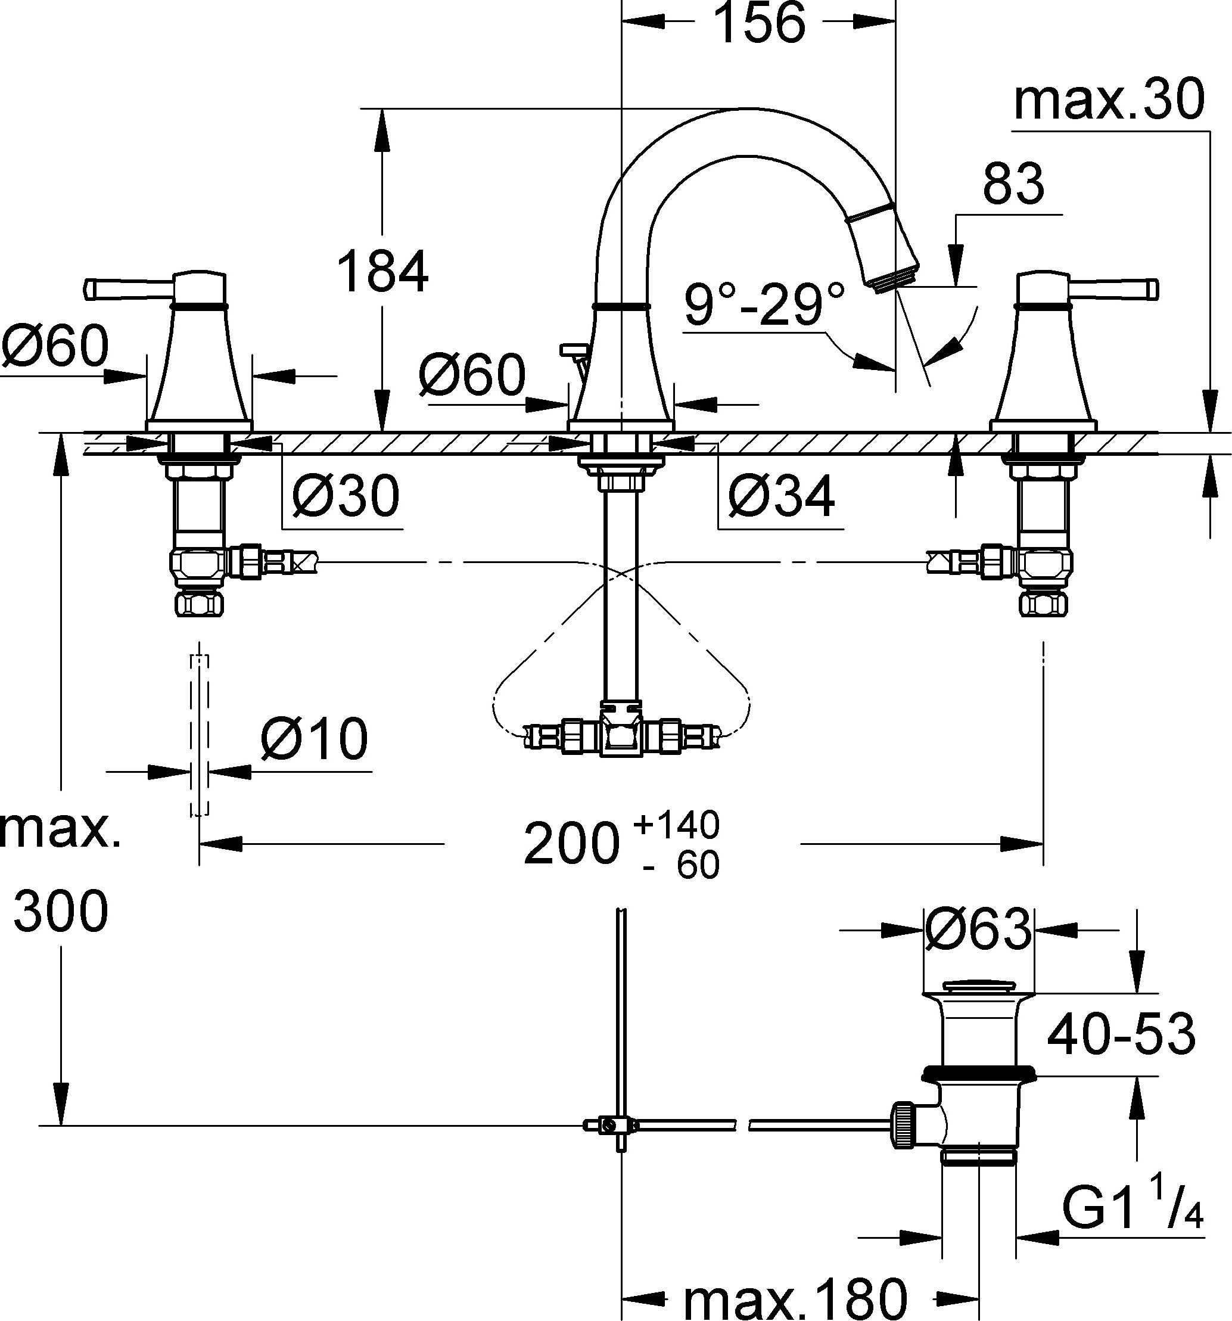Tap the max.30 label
pyautogui.click(x=1109, y=99)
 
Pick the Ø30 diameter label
pyautogui.click(x=346, y=496)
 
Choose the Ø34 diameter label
pyautogui.click(x=781, y=496)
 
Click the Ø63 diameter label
pyautogui.click(x=978, y=930)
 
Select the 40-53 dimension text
pyautogui.click(x=1121, y=1034)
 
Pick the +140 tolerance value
pyautogui.click(x=677, y=825)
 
